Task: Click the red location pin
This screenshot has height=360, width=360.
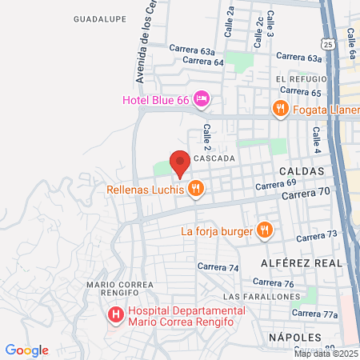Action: [x=180, y=162]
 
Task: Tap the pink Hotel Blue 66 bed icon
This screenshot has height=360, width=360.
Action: [x=202, y=99]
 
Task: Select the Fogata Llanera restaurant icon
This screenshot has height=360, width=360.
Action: [x=279, y=110]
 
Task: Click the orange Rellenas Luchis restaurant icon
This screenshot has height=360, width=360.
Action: [x=195, y=190]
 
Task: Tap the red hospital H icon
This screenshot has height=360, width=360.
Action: [x=116, y=315]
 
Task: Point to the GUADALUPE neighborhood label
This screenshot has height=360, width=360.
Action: [x=99, y=18]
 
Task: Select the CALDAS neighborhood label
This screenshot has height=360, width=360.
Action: [x=302, y=172]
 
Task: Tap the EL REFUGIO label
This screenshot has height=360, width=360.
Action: [x=301, y=79]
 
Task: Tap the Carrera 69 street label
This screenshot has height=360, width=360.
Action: [x=270, y=186]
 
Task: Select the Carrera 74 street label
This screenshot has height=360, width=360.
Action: [x=222, y=268]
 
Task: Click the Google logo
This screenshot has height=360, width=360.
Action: [x=27, y=350]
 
